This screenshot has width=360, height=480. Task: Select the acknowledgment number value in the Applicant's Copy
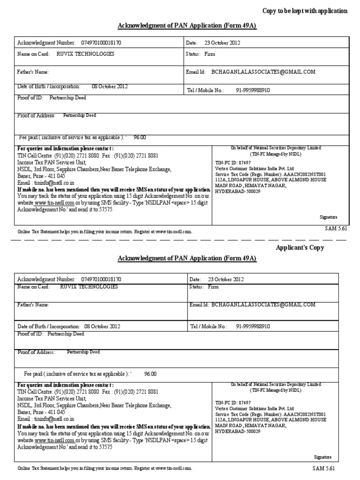pyautogui.click(x=101, y=278)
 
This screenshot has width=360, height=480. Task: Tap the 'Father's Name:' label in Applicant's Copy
pyautogui.click(x=33, y=305)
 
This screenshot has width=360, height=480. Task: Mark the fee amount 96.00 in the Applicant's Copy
pyautogui.click(x=150, y=374)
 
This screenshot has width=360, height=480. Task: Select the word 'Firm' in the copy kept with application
pyautogui.click(x=210, y=54)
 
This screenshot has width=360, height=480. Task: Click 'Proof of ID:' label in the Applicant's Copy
pyautogui.click(x=30, y=334)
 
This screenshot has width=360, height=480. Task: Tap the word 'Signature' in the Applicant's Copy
pyautogui.click(x=322, y=457)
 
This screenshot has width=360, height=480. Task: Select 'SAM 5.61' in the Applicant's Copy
pyautogui.click(x=324, y=468)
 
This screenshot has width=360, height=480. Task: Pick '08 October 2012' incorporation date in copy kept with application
pyautogui.click(x=109, y=86)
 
